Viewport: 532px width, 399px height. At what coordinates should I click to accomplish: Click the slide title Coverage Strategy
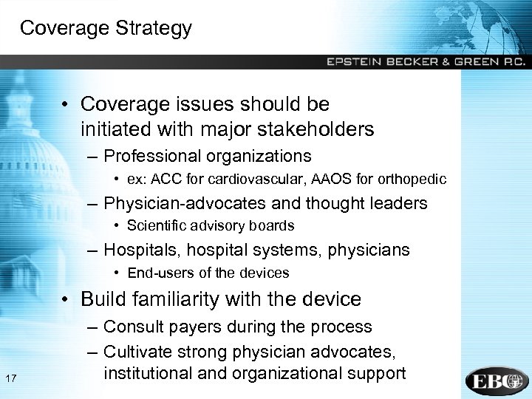tap(106, 28)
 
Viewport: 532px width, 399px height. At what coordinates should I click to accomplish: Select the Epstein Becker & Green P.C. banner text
tap(426, 62)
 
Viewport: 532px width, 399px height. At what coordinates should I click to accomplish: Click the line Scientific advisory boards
tap(211, 226)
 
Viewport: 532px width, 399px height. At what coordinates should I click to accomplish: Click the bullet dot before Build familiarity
tap(66, 299)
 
